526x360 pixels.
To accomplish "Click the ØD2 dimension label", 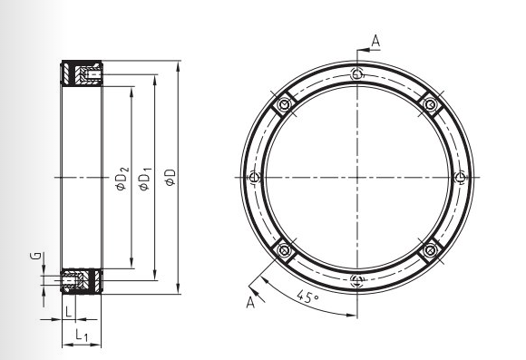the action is click(x=122, y=178).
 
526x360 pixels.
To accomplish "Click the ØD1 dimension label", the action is click(x=146, y=179).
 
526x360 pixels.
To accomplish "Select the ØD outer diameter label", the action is click(x=170, y=177).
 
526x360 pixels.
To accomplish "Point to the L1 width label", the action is click(x=82, y=336).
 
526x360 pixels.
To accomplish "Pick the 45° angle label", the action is click(x=307, y=297).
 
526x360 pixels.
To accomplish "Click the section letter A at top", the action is click(x=375, y=41).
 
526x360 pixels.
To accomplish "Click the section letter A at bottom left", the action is click(x=250, y=302).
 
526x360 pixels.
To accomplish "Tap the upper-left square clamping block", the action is click(x=285, y=104).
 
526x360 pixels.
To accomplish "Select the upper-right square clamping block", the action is click(x=431, y=104).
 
